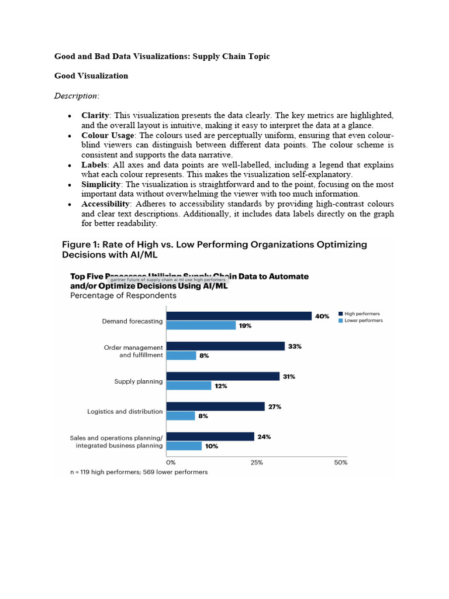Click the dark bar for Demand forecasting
tap(239, 316)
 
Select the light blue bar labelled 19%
tap(201, 326)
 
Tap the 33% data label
tap(295, 346)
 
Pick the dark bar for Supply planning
tap(223, 377)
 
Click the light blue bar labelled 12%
tap(189, 386)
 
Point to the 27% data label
tap(275, 407)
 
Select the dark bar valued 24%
tap(210, 436)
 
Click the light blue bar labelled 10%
tap(184, 446)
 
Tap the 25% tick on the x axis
tap(256, 462)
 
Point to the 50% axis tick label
tap(340, 462)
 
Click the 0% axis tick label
tap(171, 462)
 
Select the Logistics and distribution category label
tap(125, 411)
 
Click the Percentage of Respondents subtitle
tap(123, 296)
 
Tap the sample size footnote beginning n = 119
tap(139, 472)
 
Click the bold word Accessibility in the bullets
tap(106, 204)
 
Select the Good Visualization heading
tap(91, 76)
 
